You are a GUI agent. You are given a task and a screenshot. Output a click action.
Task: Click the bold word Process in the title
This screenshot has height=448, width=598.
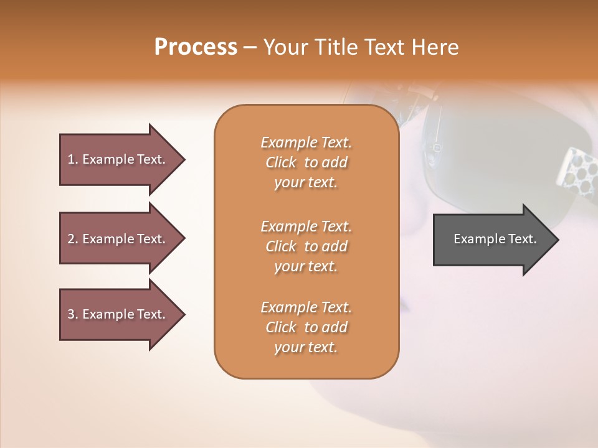click(x=196, y=47)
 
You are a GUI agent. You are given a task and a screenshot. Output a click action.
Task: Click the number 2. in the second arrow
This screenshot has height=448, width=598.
click(x=73, y=239)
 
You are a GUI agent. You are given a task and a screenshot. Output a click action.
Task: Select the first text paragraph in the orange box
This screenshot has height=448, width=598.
click(x=306, y=162)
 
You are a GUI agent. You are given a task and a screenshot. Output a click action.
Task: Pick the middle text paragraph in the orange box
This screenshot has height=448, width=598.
click(x=306, y=246)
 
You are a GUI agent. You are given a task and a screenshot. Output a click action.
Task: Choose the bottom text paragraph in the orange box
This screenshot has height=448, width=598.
click(x=306, y=327)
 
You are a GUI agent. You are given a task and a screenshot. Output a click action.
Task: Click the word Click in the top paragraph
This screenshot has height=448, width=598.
click(x=281, y=162)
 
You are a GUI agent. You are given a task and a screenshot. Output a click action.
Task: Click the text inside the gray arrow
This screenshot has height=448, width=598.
click(x=495, y=239)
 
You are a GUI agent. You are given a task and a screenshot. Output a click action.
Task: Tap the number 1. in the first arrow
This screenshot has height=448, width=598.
click(x=73, y=159)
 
